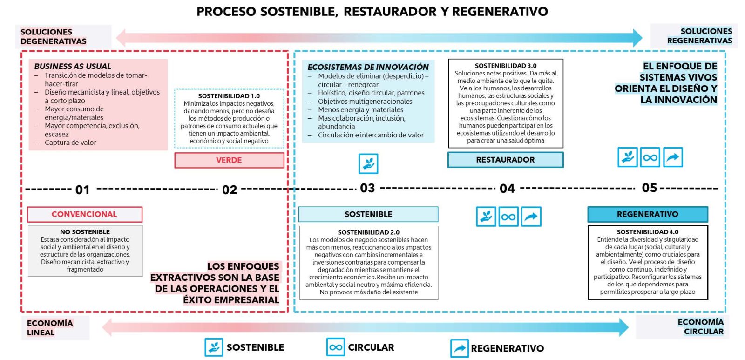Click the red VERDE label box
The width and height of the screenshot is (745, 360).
click(229, 160)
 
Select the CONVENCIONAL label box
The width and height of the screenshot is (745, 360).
click(84, 214)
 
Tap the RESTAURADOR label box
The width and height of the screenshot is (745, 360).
click(505, 160)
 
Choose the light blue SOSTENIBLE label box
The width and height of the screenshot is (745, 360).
click(368, 214)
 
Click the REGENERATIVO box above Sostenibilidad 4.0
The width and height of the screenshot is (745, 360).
click(647, 214)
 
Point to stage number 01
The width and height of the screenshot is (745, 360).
click(82, 190)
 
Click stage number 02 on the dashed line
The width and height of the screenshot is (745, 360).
click(230, 190)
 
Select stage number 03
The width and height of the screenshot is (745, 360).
click(367, 188)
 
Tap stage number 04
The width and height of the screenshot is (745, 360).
click(507, 189)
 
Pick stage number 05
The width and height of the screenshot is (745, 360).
click(650, 188)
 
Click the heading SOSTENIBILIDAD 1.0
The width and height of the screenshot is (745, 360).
click(229, 96)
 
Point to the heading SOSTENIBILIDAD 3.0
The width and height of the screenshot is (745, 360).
click(506, 66)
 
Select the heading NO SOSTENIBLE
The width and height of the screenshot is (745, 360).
click(85, 232)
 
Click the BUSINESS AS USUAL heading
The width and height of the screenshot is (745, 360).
click(73, 66)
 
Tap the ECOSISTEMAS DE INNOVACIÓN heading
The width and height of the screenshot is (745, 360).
click(368, 67)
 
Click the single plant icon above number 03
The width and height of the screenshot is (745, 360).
click(368, 163)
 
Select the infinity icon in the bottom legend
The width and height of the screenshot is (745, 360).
click(335, 347)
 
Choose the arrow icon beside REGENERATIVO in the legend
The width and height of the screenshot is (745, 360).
click(459, 348)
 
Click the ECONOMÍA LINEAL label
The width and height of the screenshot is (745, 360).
click(50, 328)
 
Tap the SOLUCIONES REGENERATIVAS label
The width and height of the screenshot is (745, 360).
click(699, 36)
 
